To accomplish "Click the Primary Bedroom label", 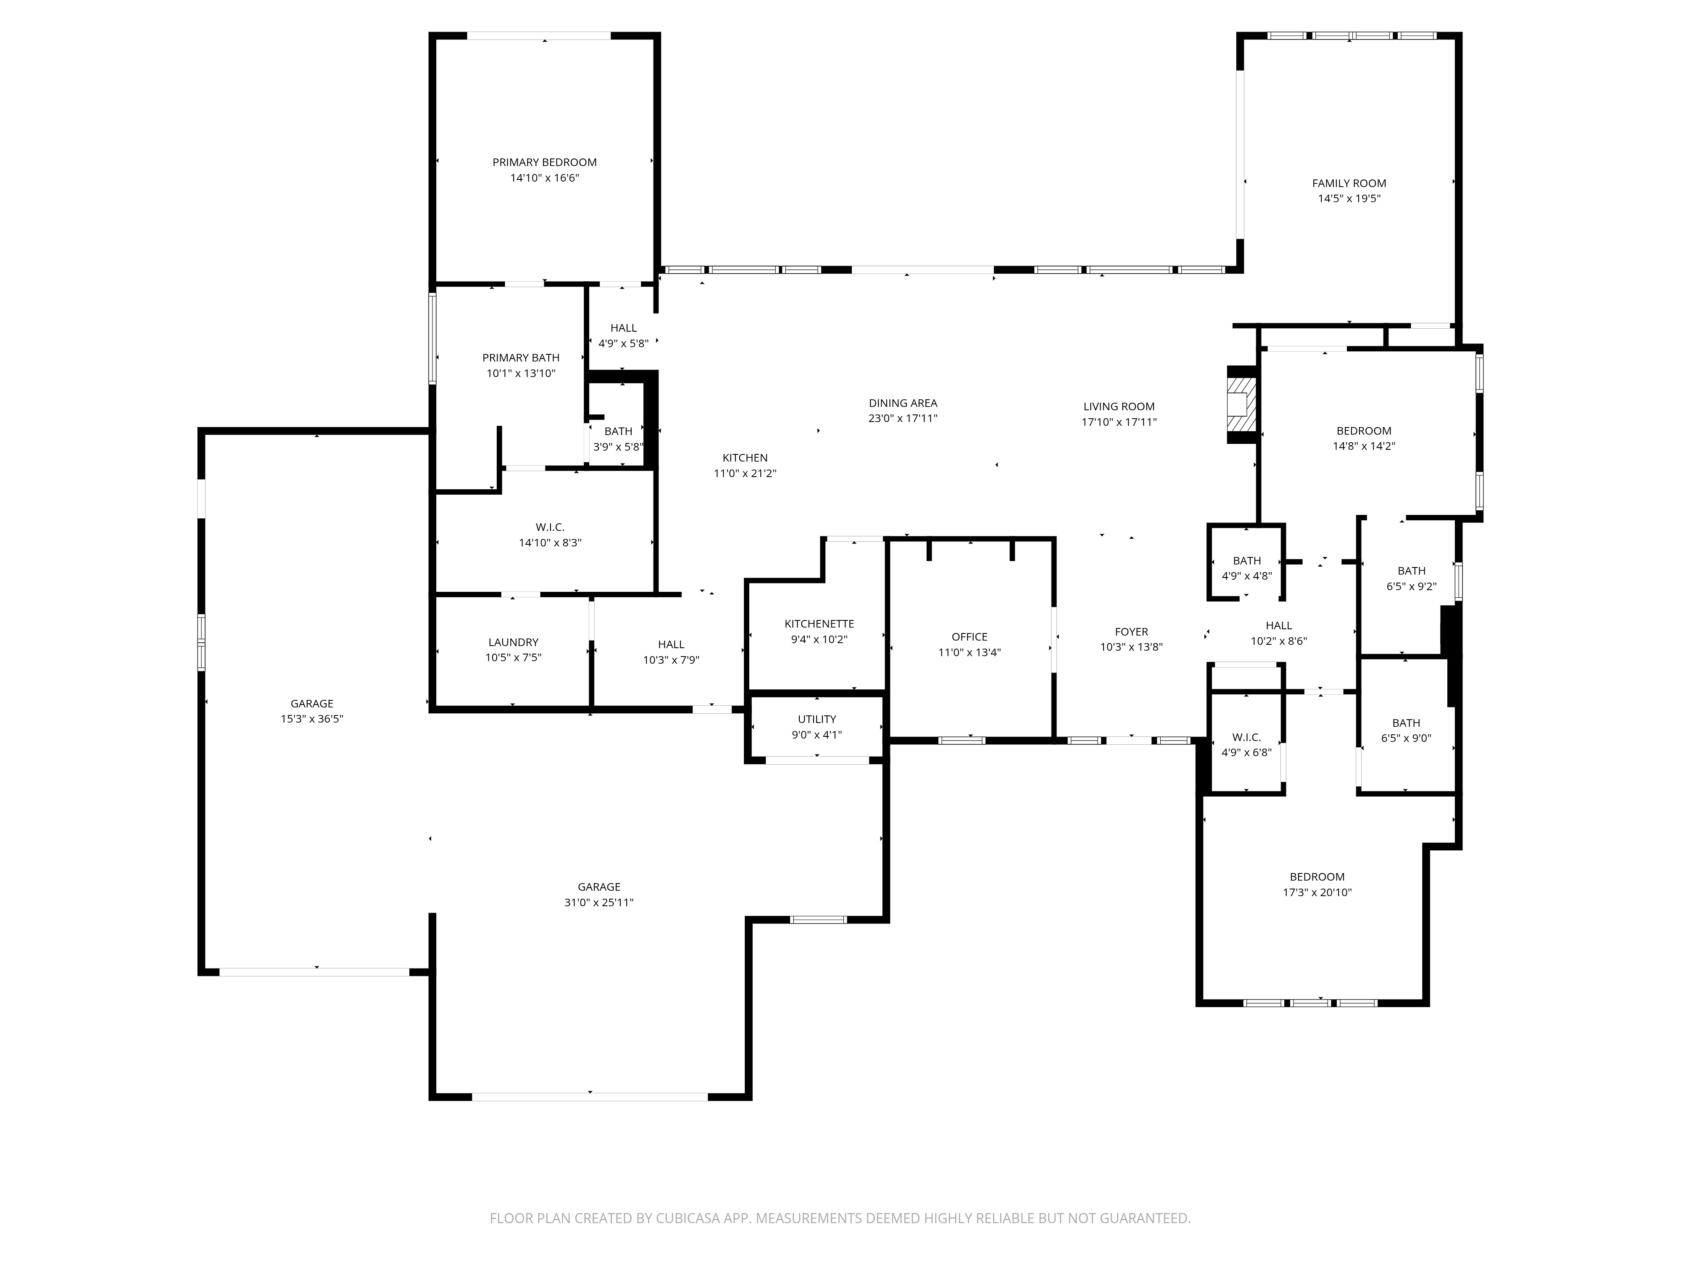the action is coord(544,162).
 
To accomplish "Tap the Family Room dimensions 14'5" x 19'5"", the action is coord(1349,198).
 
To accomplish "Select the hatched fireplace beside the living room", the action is coord(1241,404).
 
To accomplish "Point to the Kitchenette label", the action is coord(819,624).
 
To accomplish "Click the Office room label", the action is coord(970,637).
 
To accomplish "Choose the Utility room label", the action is coord(817,719).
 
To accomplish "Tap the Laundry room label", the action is coord(513,642).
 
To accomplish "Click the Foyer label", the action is coord(1132,632).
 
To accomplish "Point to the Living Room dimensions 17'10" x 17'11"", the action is coord(1120,422).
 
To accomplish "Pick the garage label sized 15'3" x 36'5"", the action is coord(311,704).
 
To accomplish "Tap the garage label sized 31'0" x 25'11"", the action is coord(599,887).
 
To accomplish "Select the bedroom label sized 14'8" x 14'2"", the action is coord(1364,431).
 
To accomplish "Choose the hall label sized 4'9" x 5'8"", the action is coord(623,327).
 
